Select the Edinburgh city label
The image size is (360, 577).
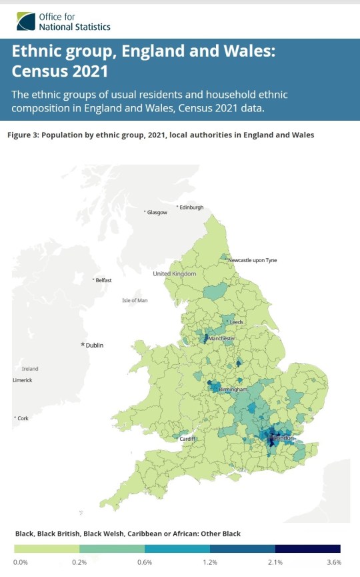[x=191, y=207]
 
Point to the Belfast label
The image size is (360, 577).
[x=103, y=280]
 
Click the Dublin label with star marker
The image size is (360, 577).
[x=93, y=345]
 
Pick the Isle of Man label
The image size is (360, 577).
[x=134, y=301]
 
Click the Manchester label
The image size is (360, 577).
[x=221, y=339]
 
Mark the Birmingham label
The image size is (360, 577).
[x=233, y=389]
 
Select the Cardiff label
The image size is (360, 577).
[x=188, y=438]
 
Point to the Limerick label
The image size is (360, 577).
[x=23, y=380]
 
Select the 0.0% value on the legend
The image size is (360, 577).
[x=21, y=563]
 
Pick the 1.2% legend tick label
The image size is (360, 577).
[x=209, y=563]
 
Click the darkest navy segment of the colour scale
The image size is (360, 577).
[x=307, y=549]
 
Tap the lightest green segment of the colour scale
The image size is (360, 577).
[x=47, y=549]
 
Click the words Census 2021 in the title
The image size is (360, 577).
[x=60, y=70]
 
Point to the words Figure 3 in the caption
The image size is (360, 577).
[x=24, y=135]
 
